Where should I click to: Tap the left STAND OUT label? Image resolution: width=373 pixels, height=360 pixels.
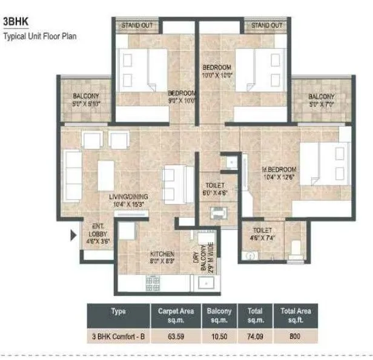point(136,25)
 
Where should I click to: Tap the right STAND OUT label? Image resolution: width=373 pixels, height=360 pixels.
point(267,25)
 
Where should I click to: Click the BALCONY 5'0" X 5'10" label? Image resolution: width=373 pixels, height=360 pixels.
point(86,100)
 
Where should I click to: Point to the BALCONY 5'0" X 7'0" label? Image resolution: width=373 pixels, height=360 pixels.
point(320,100)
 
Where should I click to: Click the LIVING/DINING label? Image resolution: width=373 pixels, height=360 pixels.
point(129,200)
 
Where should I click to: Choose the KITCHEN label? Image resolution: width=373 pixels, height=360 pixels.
point(162,258)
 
